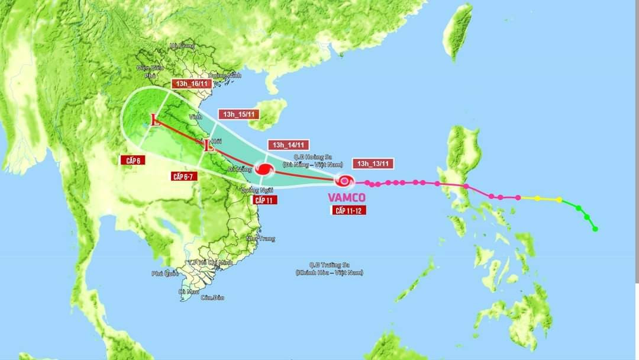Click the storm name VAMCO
pyautogui.click(x=347, y=197)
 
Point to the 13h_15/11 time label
pyautogui.click(x=239, y=114)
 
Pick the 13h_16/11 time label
pyautogui.click(x=192, y=84)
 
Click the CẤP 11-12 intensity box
pyautogui.click(x=347, y=210)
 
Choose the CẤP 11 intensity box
pyautogui.click(x=264, y=200)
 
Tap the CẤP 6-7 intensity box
pyautogui.click(x=183, y=176)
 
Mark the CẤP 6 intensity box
pyautogui.click(x=133, y=160)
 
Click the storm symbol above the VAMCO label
pyautogui.click(x=343, y=181)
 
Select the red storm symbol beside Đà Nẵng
pyautogui.click(x=264, y=169)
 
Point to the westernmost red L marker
pyautogui.click(x=156, y=121)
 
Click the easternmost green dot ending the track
pyautogui.click(x=595, y=229)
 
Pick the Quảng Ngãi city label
pyautogui.click(x=256, y=190)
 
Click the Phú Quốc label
pyautogui.click(x=164, y=274)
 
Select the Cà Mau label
pyautogui.click(x=189, y=291)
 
